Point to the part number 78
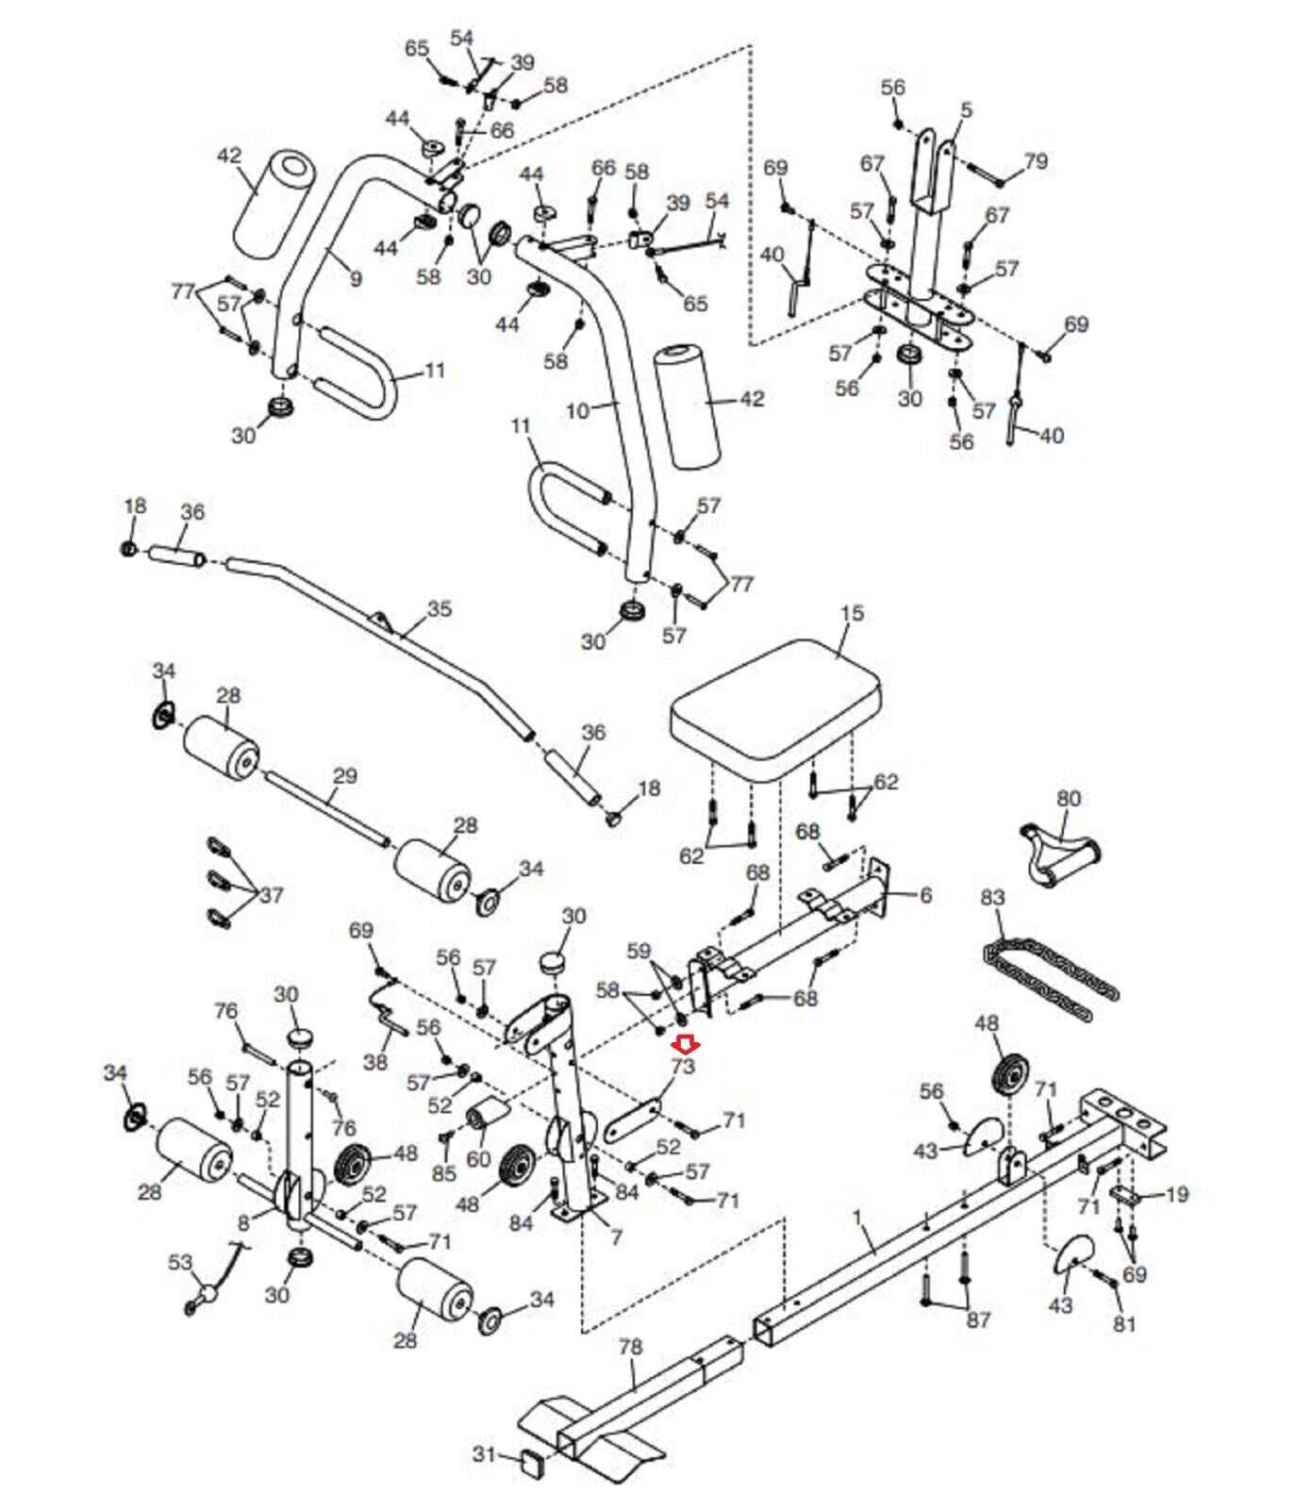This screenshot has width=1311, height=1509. point(630,1346)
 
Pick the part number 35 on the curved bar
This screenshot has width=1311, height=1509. point(440,608)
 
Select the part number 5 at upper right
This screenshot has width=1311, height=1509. point(966,110)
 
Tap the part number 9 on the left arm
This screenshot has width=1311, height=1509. point(355,278)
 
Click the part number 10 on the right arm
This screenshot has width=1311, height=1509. point(577,410)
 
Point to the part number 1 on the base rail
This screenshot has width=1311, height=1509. point(856,1218)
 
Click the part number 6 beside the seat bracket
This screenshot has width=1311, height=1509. point(925,895)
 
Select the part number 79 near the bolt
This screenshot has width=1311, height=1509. point(1036,161)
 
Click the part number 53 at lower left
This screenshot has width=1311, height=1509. point(180,1262)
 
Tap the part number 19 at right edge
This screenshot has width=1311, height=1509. point(1177,1194)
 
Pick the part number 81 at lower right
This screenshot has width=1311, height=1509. point(1124,1323)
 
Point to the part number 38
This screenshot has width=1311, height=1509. point(375,1062)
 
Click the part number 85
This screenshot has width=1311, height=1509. point(443,1172)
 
